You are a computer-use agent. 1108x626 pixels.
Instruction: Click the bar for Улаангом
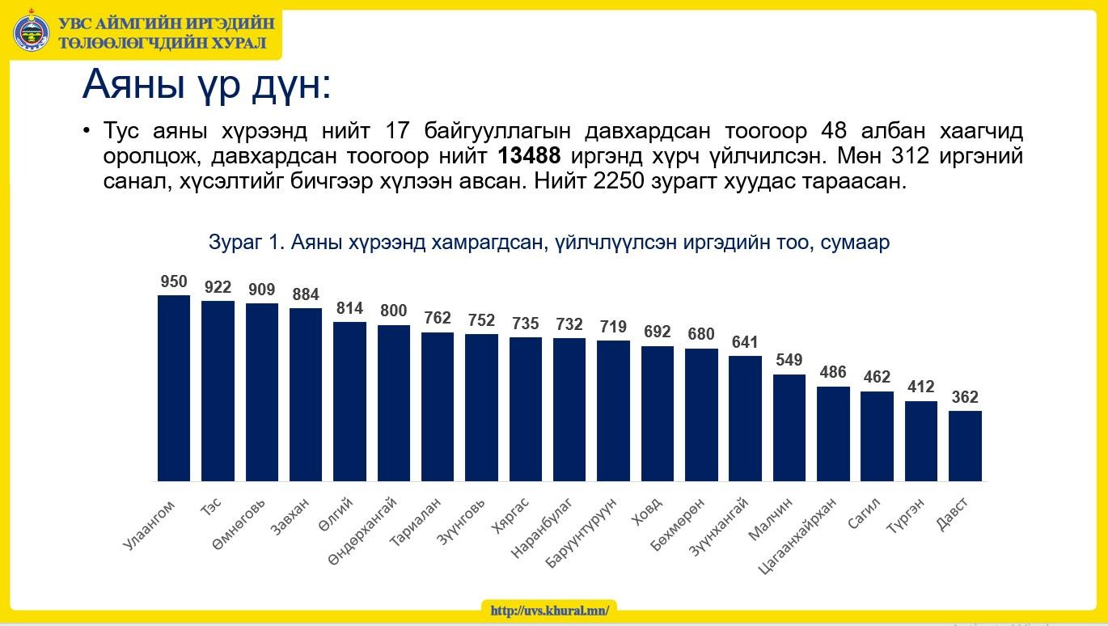174,388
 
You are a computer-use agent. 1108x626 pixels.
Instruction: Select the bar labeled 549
789,428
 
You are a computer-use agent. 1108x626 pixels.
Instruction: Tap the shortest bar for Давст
965,446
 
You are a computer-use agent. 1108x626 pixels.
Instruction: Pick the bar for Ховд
658,413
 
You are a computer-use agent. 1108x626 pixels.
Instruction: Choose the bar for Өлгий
349,401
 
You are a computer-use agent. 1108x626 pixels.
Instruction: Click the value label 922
218,287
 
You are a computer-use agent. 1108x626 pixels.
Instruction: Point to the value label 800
394,311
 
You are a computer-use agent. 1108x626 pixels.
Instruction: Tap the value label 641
745,341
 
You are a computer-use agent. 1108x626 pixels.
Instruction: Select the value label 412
921,386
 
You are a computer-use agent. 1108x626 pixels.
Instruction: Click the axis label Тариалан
415,522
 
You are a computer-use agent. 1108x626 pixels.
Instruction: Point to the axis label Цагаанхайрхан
797,536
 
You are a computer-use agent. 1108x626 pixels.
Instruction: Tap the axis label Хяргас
510,515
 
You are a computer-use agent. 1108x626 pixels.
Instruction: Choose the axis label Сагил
864,513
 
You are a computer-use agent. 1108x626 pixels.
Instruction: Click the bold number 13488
529,156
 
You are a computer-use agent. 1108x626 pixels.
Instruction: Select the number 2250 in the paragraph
619,181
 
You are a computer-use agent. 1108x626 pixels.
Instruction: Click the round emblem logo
32,32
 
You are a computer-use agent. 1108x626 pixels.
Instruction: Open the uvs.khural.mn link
549,611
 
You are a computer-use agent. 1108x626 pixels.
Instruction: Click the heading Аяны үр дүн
206,85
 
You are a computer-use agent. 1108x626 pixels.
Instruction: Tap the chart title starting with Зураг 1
549,243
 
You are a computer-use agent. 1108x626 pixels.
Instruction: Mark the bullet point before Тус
87,130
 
